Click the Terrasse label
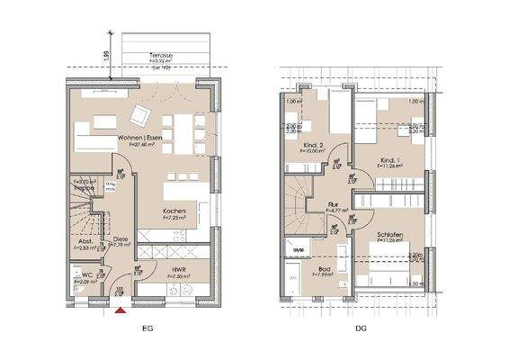point(163,55)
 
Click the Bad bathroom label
point(323,267)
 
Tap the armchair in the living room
point(142,115)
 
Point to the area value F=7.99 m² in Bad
point(323,274)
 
